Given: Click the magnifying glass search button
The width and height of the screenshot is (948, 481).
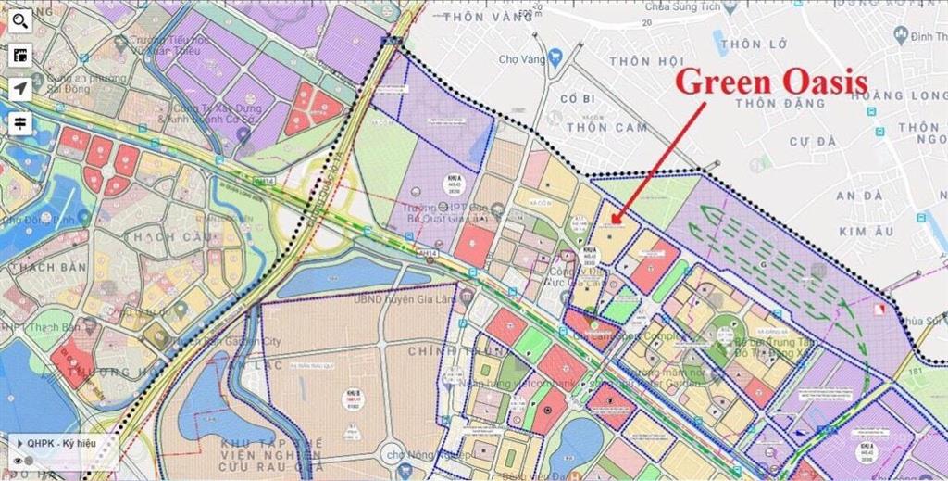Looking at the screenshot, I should click(19, 19).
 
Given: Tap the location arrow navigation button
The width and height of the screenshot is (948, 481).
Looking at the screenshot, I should click(19, 89).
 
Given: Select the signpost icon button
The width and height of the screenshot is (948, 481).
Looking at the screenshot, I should click(19, 123).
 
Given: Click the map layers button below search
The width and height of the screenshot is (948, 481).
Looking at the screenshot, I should click(19, 55).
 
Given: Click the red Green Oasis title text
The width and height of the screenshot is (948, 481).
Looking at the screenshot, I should click(770, 82).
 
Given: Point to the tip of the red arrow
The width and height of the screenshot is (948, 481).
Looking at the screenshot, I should click(612, 222).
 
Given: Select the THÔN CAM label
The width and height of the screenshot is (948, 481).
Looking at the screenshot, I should click(606, 127).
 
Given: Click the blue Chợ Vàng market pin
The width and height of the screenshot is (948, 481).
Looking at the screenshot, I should click(555, 59).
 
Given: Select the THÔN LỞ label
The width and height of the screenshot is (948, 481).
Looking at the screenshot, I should click(754, 44).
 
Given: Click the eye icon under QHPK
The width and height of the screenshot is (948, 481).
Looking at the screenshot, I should click(17, 461).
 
